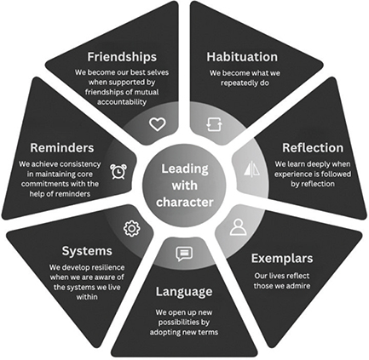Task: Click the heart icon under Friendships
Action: pyautogui.click(x=158, y=124)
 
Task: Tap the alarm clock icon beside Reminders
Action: pyautogui.click(x=118, y=171)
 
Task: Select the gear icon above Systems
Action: pyautogui.click(x=132, y=228)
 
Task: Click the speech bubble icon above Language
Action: pyautogui.click(x=184, y=254)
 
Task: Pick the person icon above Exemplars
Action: pyautogui.click(x=238, y=227)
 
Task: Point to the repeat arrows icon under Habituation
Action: pyautogui.click(x=214, y=124)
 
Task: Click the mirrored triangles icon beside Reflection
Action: pyautogui.click(x=251, y=169)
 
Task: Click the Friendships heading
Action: pyautogui.click(x=122, y=57)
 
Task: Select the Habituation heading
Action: pyautogui.click(x=242, y=57)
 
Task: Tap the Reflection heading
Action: pyautogui.click(x=313, y=148)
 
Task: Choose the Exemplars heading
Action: pyautogui.click(x=282, y=259)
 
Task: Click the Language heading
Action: pyautogui.click(x=184, y=292)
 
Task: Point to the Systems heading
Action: pyautogui.click(x=87, y=251)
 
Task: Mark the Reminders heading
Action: pyautogui.click(x=62, y=148)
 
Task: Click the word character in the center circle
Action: pyautogui.click(x=185, y=203)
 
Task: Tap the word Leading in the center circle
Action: pyautogui.click(x=185, y=169)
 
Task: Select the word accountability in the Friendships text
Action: pyautogui.click(x=122, y=102)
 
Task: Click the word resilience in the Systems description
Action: pyautogui.click(x=108, y=267)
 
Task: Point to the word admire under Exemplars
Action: pyautogui.click(x=297, y=285)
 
